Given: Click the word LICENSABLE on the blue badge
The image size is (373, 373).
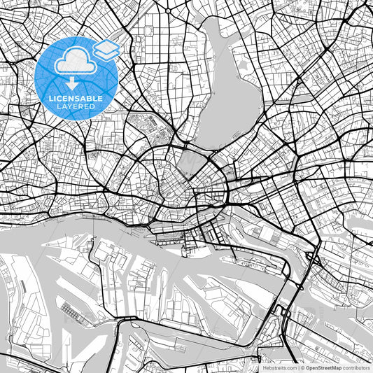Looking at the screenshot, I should (x=76, y=99).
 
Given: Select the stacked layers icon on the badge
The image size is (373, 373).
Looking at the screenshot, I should (x=106, y=48).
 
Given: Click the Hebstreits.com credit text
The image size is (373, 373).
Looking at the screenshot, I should (x=279, y=367).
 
